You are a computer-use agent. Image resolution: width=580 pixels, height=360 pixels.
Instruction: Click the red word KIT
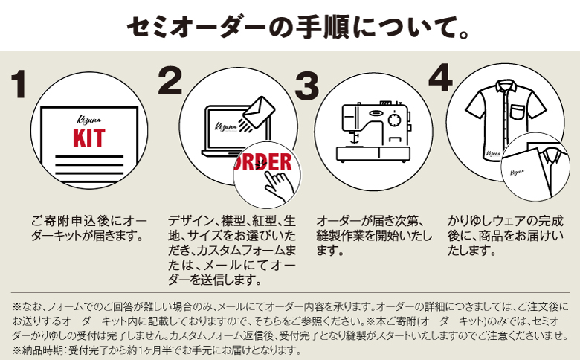point(88,138)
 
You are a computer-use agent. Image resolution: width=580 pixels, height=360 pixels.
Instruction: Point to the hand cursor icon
point(277,179)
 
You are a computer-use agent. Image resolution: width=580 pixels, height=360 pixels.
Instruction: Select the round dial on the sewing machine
point(393,120)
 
